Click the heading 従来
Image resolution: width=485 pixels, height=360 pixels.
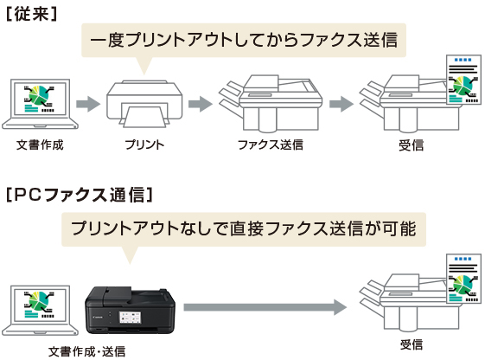31,15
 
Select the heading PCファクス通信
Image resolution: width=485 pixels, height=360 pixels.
79,193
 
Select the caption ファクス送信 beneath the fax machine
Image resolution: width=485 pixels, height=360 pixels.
270,144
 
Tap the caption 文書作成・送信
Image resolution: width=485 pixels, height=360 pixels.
87,350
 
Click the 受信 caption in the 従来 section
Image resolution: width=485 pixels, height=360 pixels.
412,144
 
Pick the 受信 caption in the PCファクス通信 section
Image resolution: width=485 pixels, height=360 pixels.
412,344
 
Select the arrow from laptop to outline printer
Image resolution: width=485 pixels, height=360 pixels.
87,104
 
